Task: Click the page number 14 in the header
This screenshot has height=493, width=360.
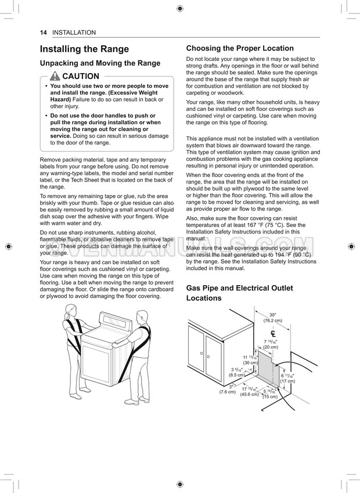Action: coord(44,33)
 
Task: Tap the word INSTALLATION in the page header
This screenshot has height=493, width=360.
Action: coord(74,33)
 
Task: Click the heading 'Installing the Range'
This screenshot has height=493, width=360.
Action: coord(84,49)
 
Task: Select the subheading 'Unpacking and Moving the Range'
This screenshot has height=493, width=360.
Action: coord(99,63)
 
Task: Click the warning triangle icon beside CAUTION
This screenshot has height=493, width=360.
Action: coord(55,77)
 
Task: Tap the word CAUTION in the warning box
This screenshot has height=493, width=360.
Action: coord(81,77)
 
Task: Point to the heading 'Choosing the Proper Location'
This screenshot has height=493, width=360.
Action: coord(240,48)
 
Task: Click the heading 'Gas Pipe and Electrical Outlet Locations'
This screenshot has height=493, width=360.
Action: coord(235,293)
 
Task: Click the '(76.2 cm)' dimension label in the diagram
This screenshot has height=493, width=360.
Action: coord(272,321)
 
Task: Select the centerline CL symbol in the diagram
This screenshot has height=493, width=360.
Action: coord(272,333)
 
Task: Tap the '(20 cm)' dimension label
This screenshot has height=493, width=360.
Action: coord(271,347)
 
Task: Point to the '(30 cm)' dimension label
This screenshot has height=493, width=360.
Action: coord(250,362)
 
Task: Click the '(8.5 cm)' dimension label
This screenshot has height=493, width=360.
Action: coord(236,375)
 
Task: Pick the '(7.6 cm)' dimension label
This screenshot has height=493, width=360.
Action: coord(228,392)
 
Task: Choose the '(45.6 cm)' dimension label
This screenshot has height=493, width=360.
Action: coord(250,395)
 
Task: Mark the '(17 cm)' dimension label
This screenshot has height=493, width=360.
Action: coord(287,382)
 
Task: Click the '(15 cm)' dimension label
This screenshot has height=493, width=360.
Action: coord(270,397)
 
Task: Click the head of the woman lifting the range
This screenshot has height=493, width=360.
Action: coord(71,310)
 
